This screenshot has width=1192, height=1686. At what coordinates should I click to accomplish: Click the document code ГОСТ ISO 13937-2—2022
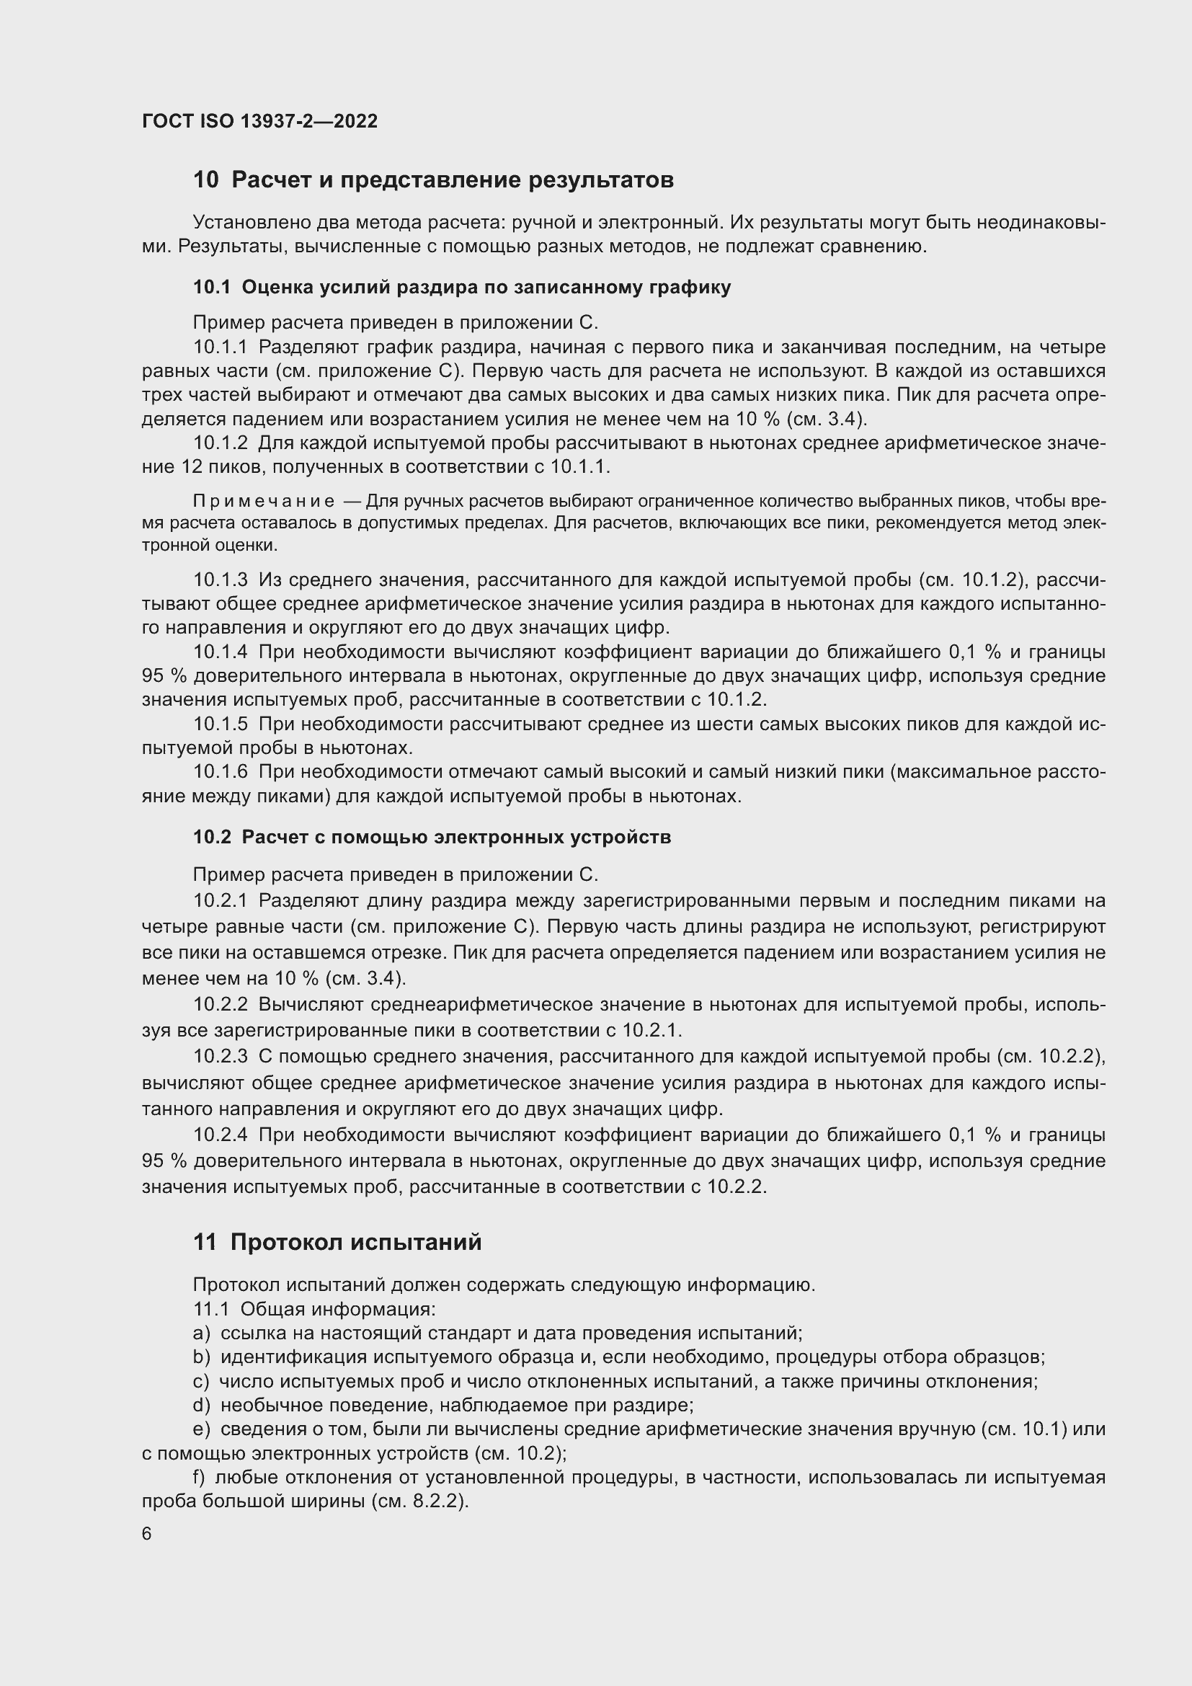pos(259,121)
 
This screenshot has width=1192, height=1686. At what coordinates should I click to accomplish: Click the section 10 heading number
pos(205,180)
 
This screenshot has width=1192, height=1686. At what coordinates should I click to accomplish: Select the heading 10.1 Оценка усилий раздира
pos(462,287)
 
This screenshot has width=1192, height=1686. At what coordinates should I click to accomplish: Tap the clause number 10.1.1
pos(221,347)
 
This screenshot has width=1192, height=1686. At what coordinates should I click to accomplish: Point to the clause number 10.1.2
pos(221,443)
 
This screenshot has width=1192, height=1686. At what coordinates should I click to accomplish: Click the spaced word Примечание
pos(264,501)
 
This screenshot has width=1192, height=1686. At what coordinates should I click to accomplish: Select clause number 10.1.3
pos(221,580)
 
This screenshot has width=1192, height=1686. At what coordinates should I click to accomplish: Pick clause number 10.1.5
pos(221,724)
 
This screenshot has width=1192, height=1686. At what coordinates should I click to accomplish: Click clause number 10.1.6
pos(221,772)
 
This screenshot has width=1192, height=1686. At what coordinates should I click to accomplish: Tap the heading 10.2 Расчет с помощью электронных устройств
pos(432,837)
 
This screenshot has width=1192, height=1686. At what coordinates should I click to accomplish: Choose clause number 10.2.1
pos(221,901)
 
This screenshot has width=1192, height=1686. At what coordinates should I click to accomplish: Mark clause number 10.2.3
pos(221,1057)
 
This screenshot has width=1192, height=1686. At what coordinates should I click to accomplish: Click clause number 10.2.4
pos(221,1135)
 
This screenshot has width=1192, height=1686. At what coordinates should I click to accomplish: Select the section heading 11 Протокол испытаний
pos(337,1243)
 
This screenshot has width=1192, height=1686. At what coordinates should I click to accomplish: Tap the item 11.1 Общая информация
pos(313,1309)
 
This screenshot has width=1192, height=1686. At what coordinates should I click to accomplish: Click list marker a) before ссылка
pos(201,1334)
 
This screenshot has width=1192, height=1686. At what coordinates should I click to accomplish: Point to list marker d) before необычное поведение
pos(201,1406)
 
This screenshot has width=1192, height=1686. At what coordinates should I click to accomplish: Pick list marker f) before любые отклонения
pos(199,1478)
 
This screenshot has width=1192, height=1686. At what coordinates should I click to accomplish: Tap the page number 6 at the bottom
pos(147,1535)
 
